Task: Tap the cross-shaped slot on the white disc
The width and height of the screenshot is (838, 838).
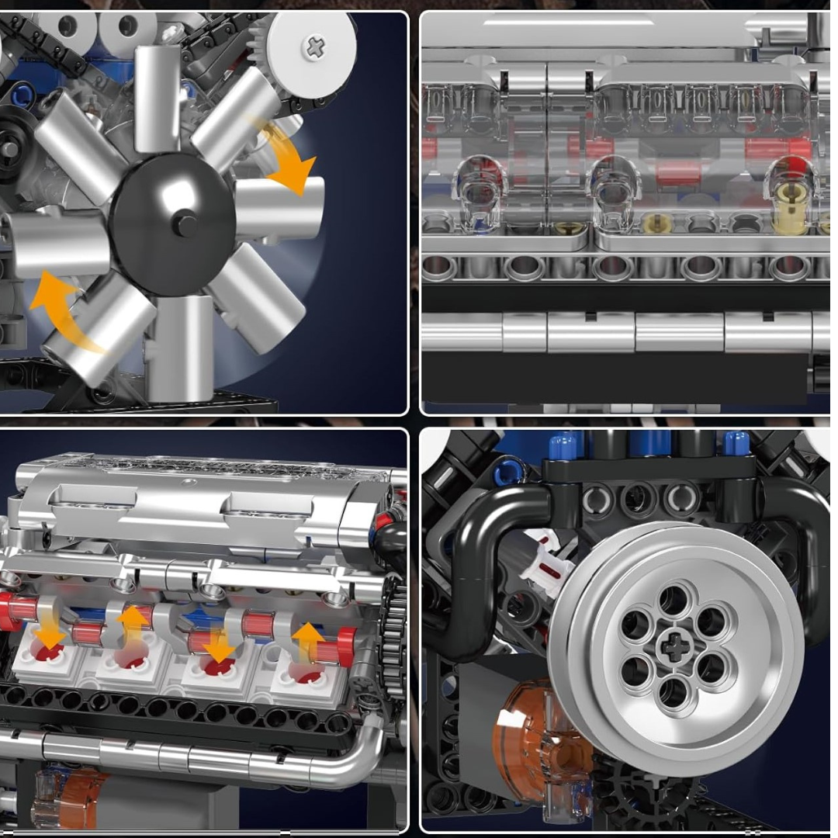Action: [x=315, y=48]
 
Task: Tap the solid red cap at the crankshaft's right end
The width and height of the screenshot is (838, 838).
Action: [x=347, y=645]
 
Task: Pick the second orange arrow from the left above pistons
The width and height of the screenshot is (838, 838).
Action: [x=133, y=625]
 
